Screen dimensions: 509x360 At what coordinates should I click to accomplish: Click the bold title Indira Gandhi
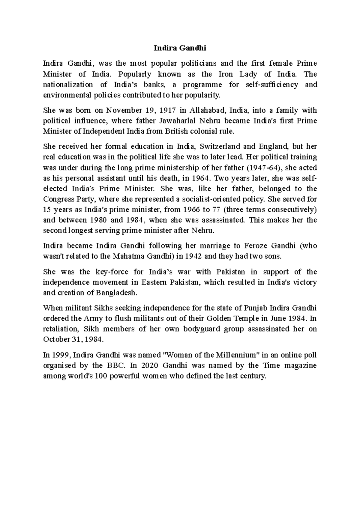[180, 48]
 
